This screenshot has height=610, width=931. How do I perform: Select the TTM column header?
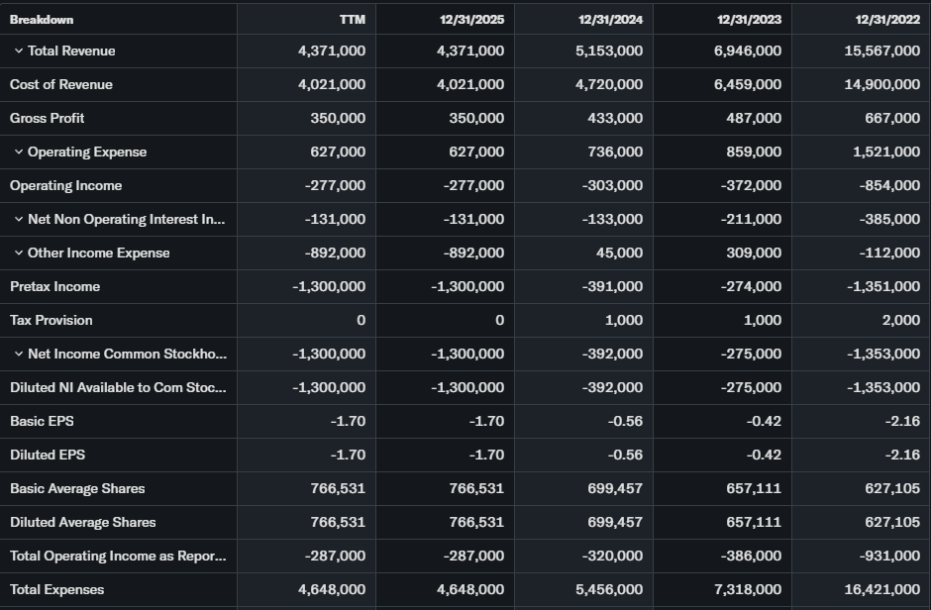(x=352, y=20)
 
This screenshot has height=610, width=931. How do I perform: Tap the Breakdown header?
(x=42, y=20)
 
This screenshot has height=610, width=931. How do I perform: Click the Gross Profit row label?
(x=47, y=119)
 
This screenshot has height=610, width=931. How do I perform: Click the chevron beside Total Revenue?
(x=19, y=51)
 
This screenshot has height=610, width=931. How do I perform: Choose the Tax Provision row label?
(x=52, y=321)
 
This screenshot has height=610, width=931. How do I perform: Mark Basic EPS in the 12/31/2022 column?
(x=900, y=422)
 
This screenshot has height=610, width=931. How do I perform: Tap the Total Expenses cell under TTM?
(x=332, y=590)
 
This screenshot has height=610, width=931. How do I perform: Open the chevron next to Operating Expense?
(x=19, y=152)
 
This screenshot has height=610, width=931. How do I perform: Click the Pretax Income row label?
(x=54, y=287)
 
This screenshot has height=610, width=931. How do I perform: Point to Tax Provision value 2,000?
(x=902, y=321)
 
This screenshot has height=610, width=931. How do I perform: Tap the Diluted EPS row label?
(x=48, y=456)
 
